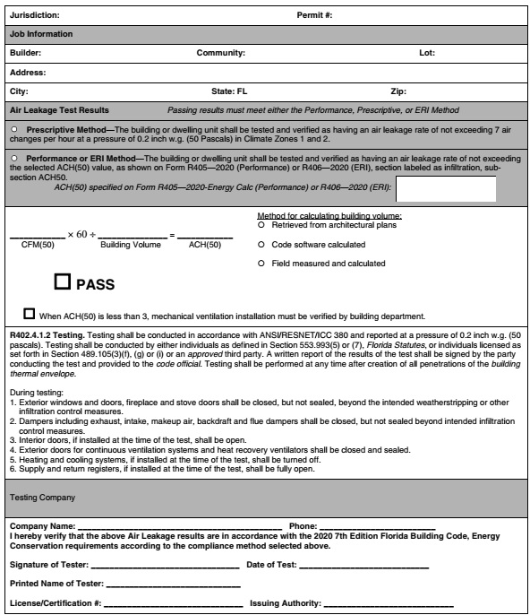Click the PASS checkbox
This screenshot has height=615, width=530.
[x=63, y=282]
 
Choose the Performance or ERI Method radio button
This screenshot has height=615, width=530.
[x=13, y=156]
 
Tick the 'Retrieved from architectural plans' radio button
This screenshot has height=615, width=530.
[x=261, y=225]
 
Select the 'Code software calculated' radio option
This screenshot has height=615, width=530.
[x=261, y=244]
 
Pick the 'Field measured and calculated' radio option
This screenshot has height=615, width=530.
[x=261, y=264]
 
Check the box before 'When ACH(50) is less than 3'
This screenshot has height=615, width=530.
[x=30, y=314]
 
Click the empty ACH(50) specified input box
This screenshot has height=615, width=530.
[x=445, y=189]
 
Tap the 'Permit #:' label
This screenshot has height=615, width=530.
[x=315, y=15]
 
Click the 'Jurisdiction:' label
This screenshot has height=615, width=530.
[x=37, y=15]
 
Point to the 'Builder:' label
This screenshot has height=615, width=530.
[x=26, y=53]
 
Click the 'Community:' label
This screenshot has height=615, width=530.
[x=220, y=53]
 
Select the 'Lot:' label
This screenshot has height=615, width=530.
[x=427, y=53]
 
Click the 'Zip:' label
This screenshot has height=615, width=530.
[x=399, y=91]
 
